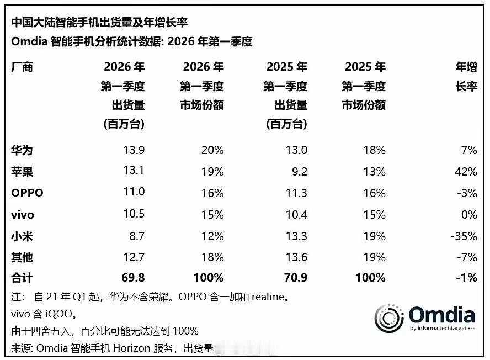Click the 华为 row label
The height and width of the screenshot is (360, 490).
click(x=22, y=150)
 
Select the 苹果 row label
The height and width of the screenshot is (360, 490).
click(x=22, y=172)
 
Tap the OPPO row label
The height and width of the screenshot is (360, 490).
click(x=27, y=193)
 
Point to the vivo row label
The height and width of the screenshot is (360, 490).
click(x=23, y=215)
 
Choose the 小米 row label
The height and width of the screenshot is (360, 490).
click(x=22, y=236)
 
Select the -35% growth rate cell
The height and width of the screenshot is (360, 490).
click(x=463, y=236)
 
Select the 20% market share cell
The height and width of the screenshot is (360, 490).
click(x=212, y=150)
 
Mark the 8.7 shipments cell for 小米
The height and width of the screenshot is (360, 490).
click(x=136, y=236)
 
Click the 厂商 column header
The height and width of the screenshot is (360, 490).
click(x=22, y=67)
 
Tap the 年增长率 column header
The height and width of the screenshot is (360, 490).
click(x=466, y=77)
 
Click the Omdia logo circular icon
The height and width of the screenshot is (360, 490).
click(x=389, y=317)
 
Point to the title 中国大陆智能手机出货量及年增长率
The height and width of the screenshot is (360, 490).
click(x=99, y=22)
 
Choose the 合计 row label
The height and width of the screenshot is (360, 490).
click(x=22, y=278)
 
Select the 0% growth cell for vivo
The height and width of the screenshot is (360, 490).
click(x=468, y=215)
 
